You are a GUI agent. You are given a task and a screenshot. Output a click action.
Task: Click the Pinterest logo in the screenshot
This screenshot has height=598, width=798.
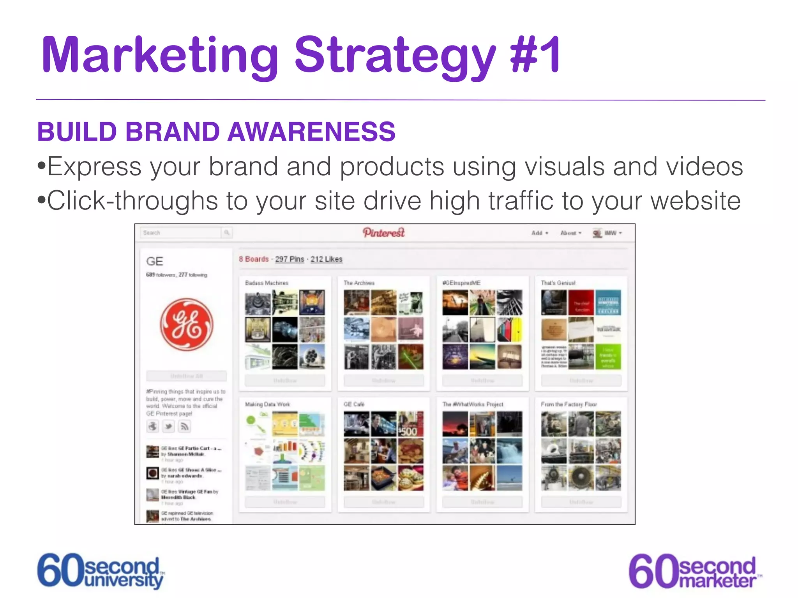click(384, 232)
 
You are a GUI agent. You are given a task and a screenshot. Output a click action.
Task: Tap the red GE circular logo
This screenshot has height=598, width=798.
click(187, 324)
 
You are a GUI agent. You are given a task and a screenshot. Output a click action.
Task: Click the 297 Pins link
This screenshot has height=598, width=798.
click(290, 259)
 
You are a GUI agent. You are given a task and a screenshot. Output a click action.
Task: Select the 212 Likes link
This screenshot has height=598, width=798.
click(327, 259)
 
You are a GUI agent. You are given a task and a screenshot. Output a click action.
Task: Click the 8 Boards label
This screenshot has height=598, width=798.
click(254, 259)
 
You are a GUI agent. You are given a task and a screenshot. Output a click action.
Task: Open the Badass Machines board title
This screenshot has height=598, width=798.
click(267, 283)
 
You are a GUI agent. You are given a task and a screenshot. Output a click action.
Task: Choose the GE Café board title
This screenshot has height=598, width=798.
click(354, 405)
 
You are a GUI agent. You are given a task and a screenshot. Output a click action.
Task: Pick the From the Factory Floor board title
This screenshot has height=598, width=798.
click(568, 405)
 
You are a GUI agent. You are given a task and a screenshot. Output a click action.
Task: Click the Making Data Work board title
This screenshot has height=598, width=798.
click(267, 405)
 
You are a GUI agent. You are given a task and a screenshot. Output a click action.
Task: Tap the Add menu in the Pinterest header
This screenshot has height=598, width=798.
click(539, 233)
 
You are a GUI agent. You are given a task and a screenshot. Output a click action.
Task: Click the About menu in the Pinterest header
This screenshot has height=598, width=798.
click(570, 233)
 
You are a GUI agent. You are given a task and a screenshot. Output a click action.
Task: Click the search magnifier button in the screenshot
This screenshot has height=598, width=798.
click(227, 233)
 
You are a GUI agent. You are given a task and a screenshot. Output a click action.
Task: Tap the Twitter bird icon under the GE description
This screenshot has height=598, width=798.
click(168, 426)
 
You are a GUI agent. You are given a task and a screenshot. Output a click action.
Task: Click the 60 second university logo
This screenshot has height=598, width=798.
click(101, 571)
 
